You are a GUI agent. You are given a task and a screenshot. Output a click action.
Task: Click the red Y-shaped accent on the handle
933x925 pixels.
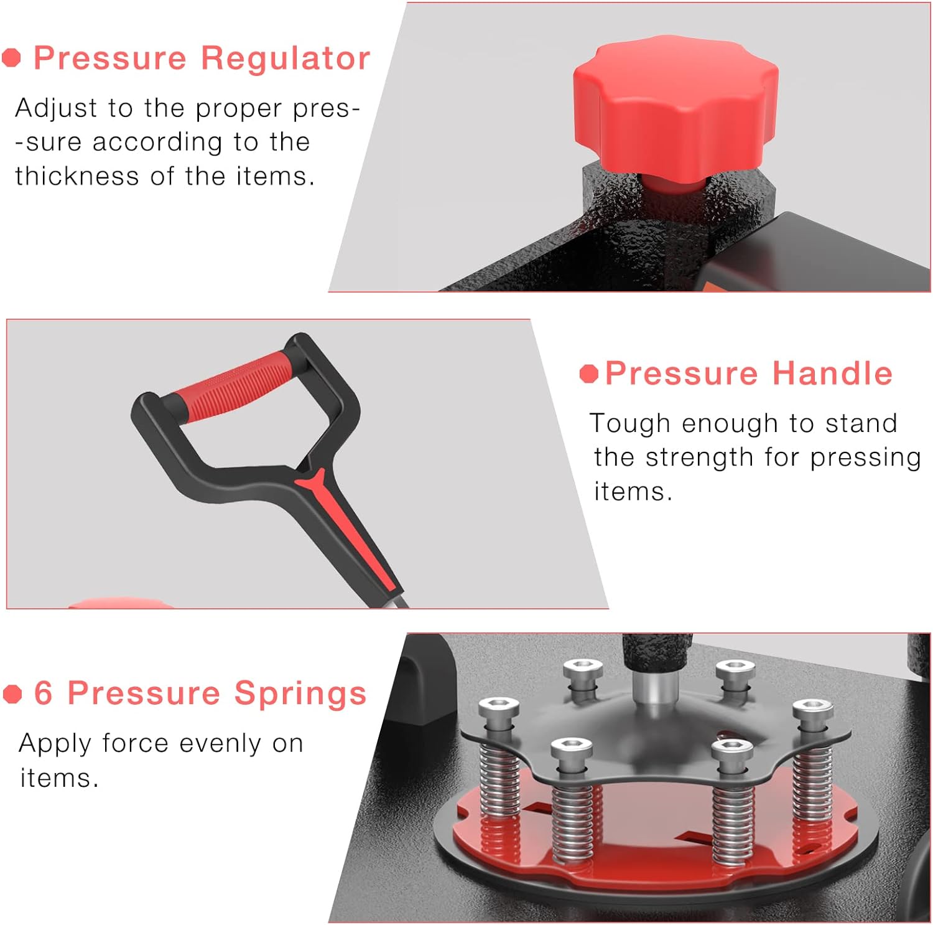(348, 529)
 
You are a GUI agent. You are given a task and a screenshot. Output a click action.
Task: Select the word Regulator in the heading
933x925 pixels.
(285, 59)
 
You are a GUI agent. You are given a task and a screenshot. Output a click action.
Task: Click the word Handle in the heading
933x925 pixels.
(832, 373)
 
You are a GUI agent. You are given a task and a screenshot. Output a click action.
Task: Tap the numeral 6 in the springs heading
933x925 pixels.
(44, 693)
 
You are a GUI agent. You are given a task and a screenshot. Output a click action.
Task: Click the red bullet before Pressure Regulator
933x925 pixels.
(11, 58)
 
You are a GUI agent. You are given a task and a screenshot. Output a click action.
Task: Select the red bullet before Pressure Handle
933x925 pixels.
(588, 373)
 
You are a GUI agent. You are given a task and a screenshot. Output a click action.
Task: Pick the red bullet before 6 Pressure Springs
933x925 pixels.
(12, 694)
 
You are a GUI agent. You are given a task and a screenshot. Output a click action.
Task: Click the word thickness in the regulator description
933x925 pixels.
(77, 176)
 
